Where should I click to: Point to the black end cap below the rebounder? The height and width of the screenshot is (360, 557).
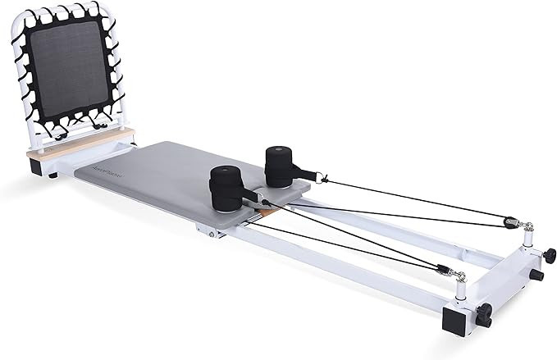click(x=37, y=166)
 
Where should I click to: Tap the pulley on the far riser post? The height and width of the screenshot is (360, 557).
click(x=514, y=222)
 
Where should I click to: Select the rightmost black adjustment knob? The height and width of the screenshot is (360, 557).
click(x=548, y=256)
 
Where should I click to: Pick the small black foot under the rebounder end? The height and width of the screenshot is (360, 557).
click(x=53, y=175)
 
